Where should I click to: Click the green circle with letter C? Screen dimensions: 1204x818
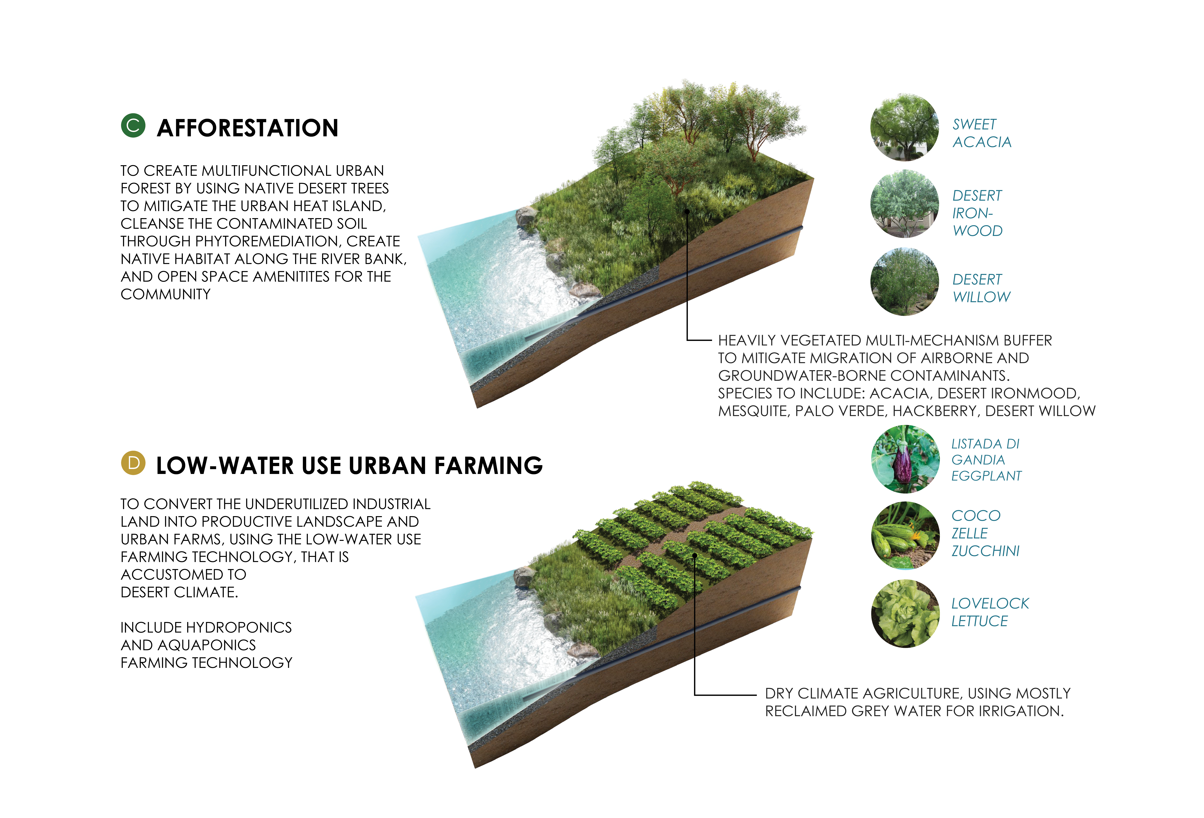point(133,126)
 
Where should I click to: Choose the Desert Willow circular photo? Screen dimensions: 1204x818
point(905,282)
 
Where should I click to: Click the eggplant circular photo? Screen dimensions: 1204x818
point(905,459)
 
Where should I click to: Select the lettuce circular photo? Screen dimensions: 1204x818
point(905,613)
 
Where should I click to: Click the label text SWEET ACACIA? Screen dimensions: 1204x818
point(982,133)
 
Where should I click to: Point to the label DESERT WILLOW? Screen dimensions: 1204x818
point(981,288)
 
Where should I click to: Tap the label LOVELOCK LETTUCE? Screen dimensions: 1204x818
point(990,612)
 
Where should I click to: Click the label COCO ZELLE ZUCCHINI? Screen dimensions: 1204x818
point(985,533)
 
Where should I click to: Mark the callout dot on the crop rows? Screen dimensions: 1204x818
point(694,555)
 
